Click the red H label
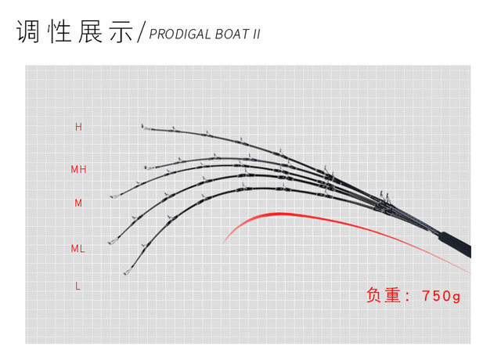click(78, 127)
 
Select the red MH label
click(78, 169)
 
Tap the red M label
click(78, 203)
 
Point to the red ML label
click(78, 249)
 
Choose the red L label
click(78, 286)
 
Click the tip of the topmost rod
click(142, 126)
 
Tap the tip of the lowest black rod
click(124, 273)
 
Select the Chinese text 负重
click(384, 296)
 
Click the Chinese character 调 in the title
click(29, 31)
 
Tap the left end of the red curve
click(224, 240)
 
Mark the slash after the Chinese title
click(142, 33)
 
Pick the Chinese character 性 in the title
click(59, 31)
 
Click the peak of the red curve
click(278, 213)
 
